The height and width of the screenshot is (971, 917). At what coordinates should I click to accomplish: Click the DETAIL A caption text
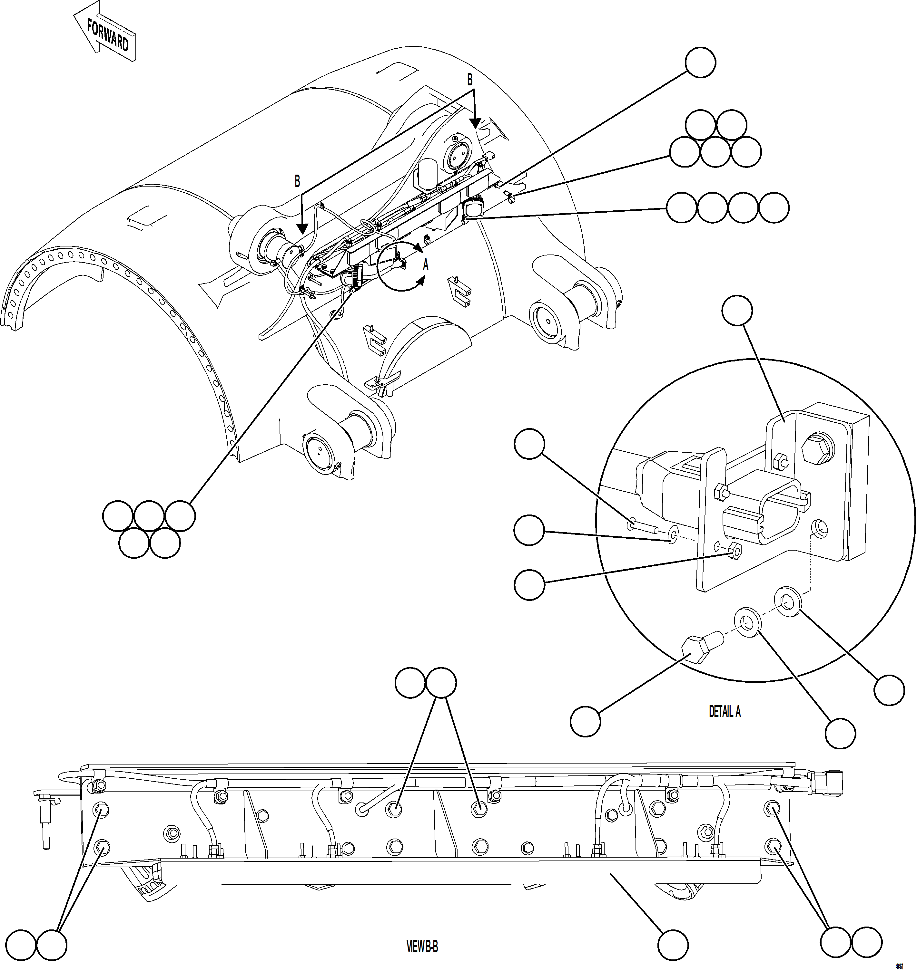coord(725,712)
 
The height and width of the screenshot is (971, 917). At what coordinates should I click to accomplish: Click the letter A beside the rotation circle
coord(425,265)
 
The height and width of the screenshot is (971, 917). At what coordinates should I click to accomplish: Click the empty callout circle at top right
coord(700,62)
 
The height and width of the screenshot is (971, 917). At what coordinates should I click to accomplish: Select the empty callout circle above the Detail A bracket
coord(737,310)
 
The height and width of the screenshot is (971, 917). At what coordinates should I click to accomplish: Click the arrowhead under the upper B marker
coord(474,123)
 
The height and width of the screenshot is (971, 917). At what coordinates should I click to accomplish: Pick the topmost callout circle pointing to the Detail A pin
coord(529,444)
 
